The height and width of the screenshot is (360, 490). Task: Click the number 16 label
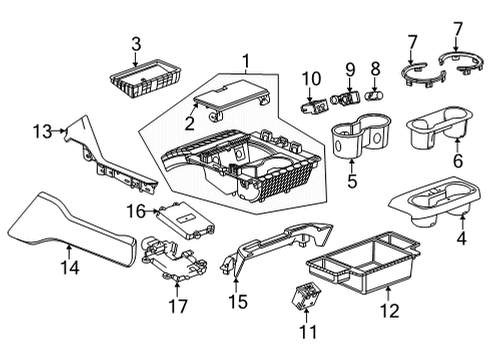pyautogui.click(x=136, y=210)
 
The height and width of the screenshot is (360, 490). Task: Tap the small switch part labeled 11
pyautogui.click(x=298, y=299)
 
